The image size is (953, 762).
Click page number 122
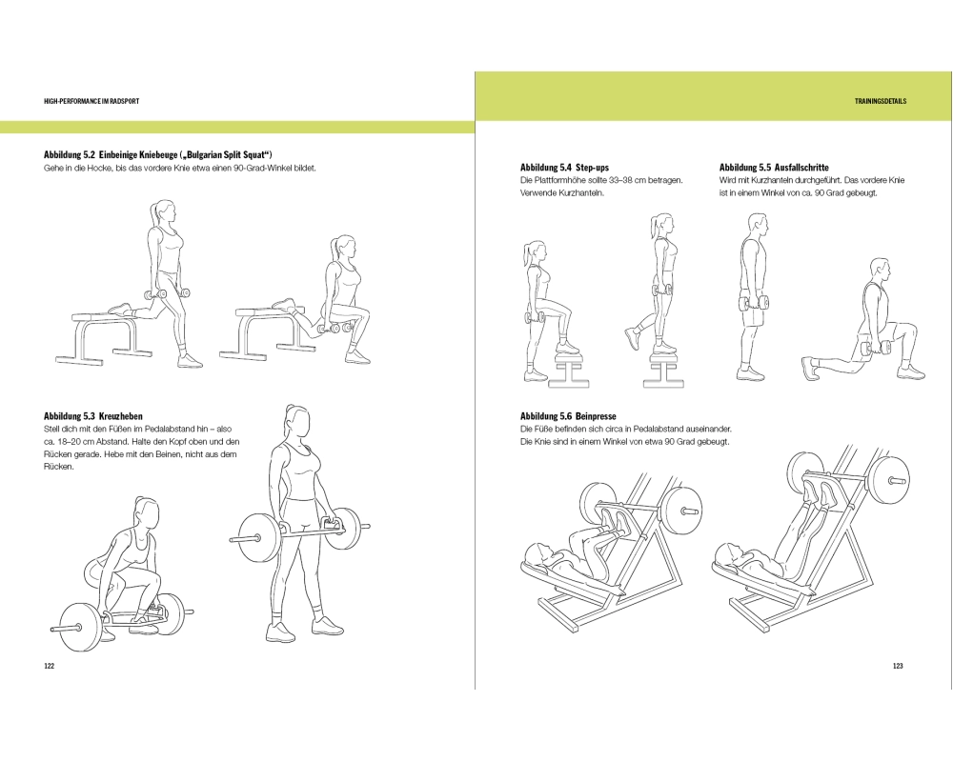click(x=50, y=666)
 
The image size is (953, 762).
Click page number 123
click(x=898, y=666)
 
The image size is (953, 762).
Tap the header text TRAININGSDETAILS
click(x=880, y=101)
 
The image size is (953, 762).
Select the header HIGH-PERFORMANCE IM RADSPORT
click(x=91, y=101)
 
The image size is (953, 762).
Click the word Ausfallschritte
click(x=801, y=167)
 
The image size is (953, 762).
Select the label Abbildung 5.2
click(x=68, y=154)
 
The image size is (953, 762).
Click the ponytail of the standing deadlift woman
click(x=289, y=412)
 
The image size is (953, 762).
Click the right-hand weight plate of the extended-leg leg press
click(x=888, y=479)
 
